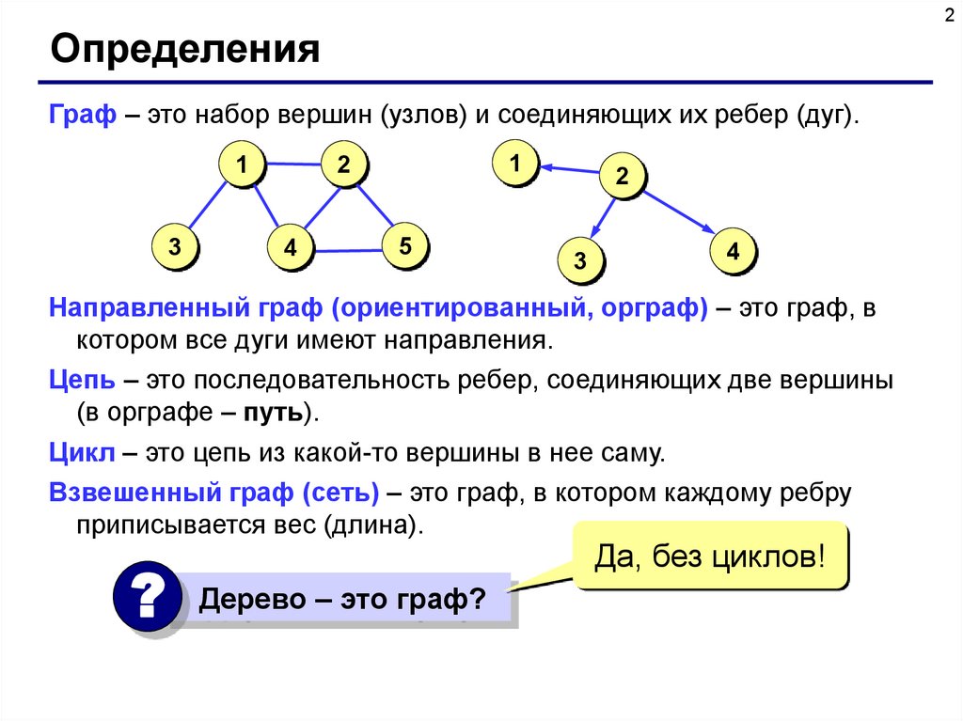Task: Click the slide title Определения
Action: coord(185,49)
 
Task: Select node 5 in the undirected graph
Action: coord(405,247)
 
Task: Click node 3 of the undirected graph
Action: coord(175,248)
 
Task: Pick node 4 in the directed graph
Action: coord(733,252)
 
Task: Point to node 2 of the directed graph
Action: coord(622,175)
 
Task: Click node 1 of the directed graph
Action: coord(515,165)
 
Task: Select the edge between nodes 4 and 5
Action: coord(348,250)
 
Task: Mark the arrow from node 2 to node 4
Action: coord(677,212)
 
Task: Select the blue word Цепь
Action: coord(83,382)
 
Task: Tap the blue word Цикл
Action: coord(82,454)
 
